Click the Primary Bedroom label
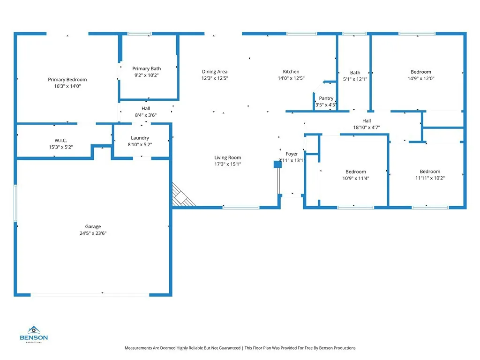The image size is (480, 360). click(67, 80)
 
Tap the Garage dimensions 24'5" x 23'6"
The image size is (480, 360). click(93, 233)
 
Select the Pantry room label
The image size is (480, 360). click(326, 98)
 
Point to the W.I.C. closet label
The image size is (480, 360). click(60, 140)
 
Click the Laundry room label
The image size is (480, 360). click(140, 138)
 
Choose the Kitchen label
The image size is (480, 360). click(291, 72)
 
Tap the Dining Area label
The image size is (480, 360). click(215, 72)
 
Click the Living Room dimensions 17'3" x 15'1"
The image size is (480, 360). click(227, 164)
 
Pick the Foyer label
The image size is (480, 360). click(292, 154)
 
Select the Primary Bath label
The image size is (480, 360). click(146, 69)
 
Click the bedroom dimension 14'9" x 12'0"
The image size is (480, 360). click(420, 79)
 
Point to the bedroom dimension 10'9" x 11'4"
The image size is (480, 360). click(356, 178)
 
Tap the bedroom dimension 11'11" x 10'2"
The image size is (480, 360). click(430, 178)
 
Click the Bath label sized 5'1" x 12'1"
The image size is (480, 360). click(355, 73)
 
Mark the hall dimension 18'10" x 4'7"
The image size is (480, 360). click(366, 127)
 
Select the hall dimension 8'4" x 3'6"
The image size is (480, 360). click(146, 115)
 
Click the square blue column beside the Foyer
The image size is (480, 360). click(277, 164)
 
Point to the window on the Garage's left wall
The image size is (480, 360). click(15, 202)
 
